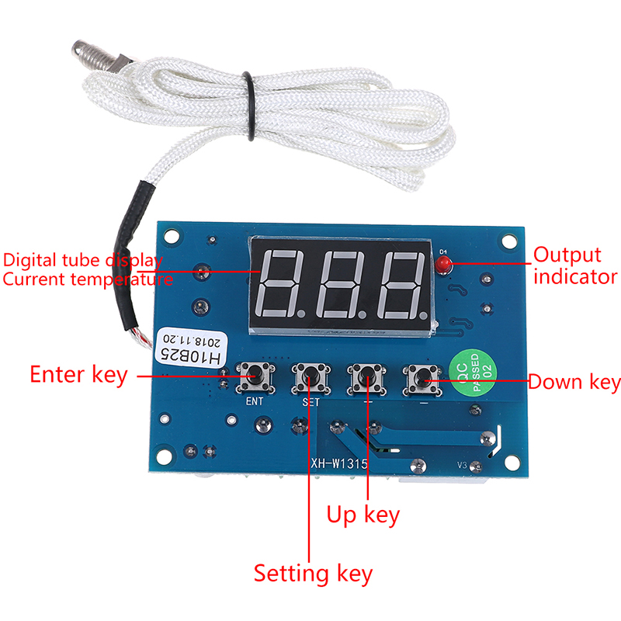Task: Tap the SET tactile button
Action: coord(308,378)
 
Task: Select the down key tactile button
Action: coord(421,378)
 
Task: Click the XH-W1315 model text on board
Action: coord(339,464)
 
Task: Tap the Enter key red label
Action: coord(78,374)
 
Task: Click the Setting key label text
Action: coord(313,574)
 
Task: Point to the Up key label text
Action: coord(363,514)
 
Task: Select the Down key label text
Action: coord(574,382)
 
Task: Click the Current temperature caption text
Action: coord(87,279)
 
